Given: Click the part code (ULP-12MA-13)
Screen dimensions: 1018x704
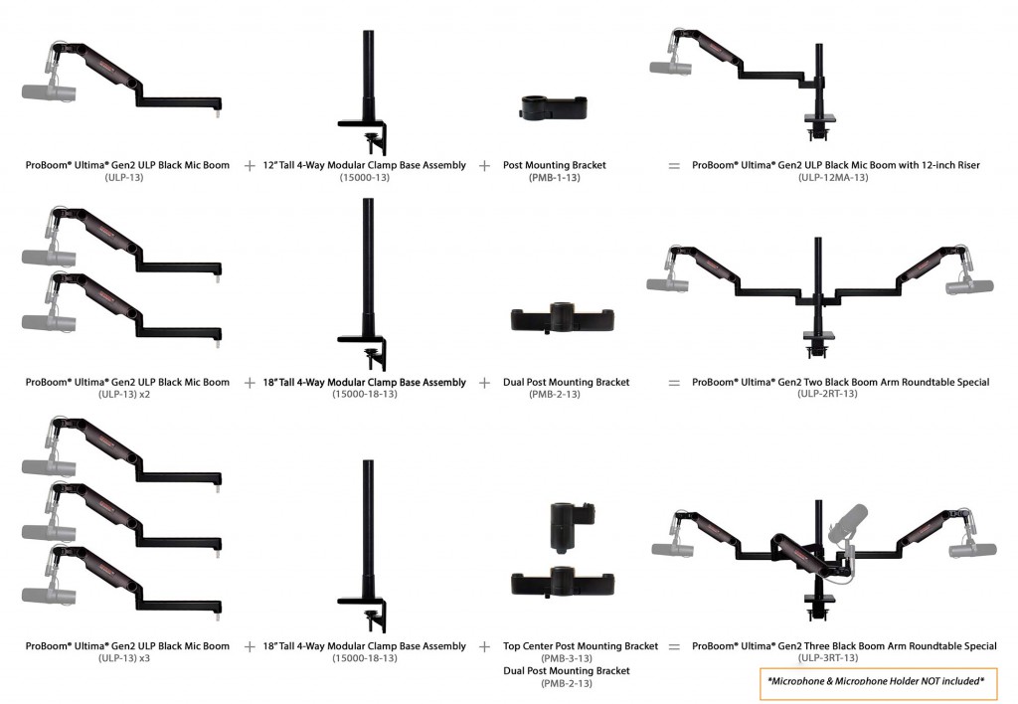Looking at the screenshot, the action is [833, 177].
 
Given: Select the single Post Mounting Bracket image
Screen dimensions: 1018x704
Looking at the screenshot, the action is [554, 107].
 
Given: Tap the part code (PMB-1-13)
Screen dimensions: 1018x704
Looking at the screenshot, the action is [554, 177].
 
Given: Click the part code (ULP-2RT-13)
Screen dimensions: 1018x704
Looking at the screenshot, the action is [827, 394].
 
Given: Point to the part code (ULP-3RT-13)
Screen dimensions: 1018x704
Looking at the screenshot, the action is [828, 658].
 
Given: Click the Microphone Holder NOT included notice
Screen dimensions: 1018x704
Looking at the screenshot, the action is [876, 681].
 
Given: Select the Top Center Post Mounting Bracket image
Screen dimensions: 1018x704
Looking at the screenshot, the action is [572, 528].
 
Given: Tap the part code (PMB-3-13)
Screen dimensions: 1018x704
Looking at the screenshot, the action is [566, 658].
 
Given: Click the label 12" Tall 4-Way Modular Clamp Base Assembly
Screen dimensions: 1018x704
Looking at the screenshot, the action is [364, 165].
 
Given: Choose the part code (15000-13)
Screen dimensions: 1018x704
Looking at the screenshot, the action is [364, 177].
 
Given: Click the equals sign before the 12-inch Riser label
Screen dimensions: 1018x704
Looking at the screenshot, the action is [674, 166].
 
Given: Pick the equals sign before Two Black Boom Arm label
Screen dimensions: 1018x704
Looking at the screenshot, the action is [674, 383].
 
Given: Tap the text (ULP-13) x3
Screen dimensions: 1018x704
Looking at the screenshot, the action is [124, 658].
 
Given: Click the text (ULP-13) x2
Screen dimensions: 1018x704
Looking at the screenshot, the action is [124, 394].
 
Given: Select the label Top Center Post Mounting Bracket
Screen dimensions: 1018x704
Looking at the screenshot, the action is [581, 646].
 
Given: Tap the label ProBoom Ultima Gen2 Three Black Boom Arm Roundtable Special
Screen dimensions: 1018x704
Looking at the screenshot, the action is [844, 646].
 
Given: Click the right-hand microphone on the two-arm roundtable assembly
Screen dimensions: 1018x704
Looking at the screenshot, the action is [970, 285].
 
